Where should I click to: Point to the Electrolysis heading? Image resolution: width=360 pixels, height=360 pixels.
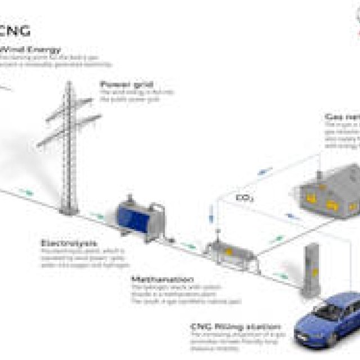[x=68, y=243]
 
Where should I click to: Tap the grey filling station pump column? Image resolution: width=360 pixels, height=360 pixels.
[x=312, y=270]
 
